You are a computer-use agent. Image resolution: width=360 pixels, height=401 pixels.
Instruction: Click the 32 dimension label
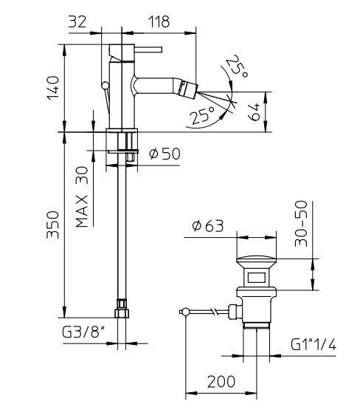pyautogui.click(x=77, y=21)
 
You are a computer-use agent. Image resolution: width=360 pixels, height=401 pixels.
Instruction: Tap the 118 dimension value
pyautogui.click(x=159, y=21)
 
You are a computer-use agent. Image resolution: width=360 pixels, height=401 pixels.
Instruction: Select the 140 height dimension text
pyautogui.click(x=53, y=88)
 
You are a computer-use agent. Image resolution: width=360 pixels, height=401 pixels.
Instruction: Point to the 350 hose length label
pyautogui.click(x=53, y=225)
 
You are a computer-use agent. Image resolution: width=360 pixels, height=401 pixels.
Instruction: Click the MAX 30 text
pyautogui.click(x=83, y=197)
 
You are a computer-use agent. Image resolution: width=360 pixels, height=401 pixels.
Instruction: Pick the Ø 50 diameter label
pyautogui.click(x=165, y=154)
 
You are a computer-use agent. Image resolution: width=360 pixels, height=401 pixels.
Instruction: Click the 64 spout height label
pyautogui.click(x=254, y=112)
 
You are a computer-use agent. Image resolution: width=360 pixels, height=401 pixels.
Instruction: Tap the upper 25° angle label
pyautogui.click(x=237, y=66)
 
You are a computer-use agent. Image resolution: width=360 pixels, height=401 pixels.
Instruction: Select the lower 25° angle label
pyautogui.click(x=202, y=115)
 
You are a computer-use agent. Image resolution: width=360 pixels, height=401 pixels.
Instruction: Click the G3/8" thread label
pyautogui.click(x=83, y=332)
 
